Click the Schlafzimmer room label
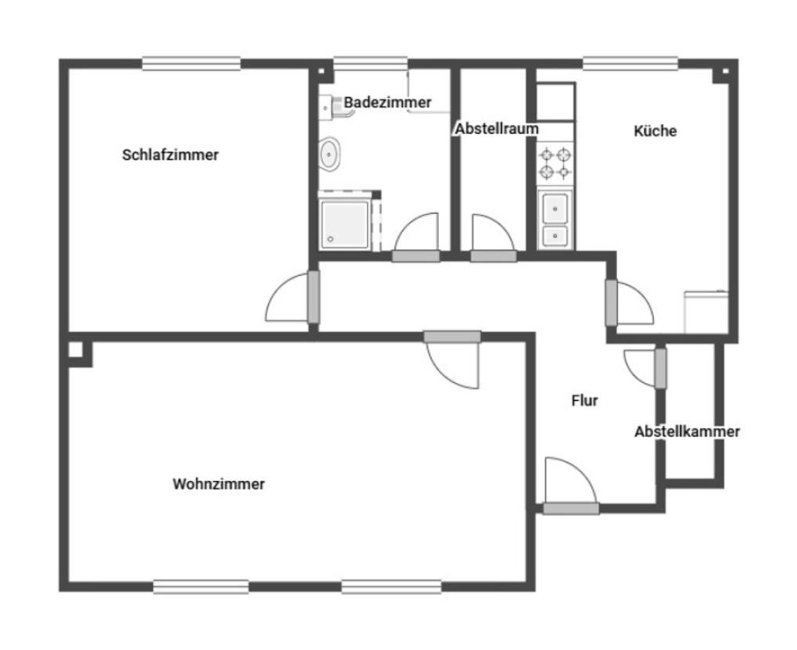170,155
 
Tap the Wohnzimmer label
219,484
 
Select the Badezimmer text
387,102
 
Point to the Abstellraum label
497,129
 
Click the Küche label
655,131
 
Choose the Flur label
585,401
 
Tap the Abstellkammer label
687,432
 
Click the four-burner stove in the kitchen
555,164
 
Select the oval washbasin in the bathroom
329,153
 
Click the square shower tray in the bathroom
345,225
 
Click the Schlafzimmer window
191,63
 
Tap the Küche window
630,63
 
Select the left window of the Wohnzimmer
201,587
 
